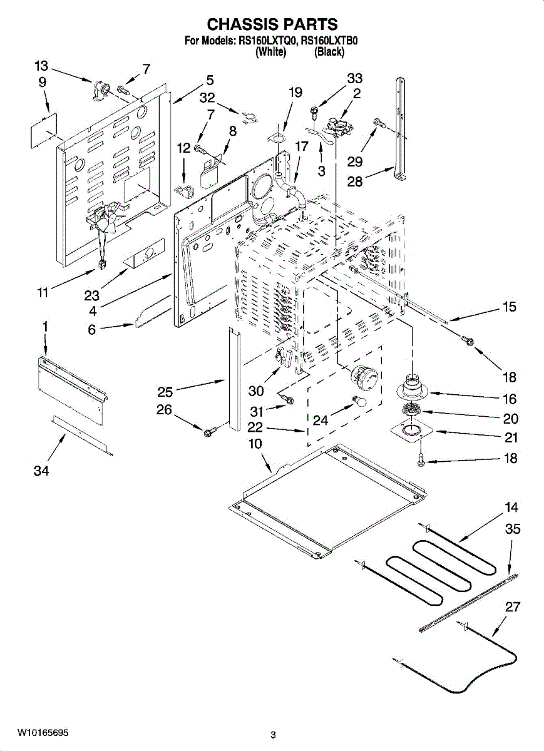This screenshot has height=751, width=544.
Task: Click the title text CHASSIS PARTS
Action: tap(272, 24)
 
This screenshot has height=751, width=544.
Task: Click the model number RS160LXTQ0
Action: tap(267, 41)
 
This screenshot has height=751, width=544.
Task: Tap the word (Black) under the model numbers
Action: tap(329, 52)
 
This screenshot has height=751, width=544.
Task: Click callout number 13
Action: tap(41, 66)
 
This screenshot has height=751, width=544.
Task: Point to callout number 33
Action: tap(355, 78)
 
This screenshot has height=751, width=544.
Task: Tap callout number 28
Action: tap(355, 181)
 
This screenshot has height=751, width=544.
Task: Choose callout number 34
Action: tap(41, 471)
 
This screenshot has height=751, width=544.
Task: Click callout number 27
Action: tap(513, 606)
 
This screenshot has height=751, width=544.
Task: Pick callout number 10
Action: tap(255, 444)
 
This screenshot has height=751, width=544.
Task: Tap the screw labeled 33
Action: tap(315, 111)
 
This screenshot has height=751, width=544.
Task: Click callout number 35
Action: tap(513, 529)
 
